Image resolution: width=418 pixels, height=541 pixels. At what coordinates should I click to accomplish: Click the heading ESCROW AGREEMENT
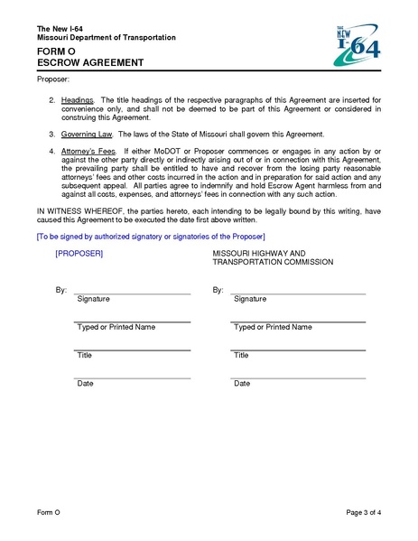(90, 63)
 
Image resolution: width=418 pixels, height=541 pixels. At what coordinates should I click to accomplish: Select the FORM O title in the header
(56, 51)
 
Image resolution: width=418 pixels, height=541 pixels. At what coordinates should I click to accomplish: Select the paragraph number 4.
(52, 150)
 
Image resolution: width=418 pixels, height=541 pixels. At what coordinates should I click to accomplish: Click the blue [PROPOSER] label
(79, 254)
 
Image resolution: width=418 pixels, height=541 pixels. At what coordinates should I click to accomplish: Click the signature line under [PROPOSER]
(132, 293)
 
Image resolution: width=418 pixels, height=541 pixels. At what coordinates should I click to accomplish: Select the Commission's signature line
(299, 293)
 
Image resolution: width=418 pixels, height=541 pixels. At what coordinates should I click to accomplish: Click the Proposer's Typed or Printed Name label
(116, 327)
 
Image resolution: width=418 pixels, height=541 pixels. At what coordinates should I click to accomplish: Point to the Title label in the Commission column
(241, 356)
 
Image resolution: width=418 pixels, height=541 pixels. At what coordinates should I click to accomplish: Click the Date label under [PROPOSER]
(86, 384)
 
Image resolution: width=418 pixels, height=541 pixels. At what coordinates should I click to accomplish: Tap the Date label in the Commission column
(242, 384)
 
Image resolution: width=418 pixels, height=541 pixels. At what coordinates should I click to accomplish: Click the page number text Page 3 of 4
(364, 513)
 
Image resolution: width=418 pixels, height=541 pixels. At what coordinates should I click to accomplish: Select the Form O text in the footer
(49, 513)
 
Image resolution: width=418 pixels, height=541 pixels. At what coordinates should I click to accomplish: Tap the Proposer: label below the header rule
(51, 80)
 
